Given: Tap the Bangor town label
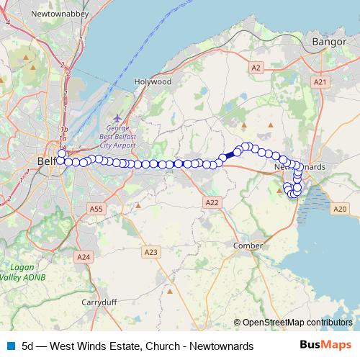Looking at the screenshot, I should pos(329,42).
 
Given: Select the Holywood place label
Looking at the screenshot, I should pos(153,82).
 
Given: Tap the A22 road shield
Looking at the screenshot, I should pos(212,203).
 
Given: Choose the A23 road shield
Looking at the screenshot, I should pos(150,251).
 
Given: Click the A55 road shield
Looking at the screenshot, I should pos(96,208).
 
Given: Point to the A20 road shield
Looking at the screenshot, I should pos(341,209).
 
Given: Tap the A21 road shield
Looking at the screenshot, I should pos(320,82).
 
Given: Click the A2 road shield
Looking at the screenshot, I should pos(256,67).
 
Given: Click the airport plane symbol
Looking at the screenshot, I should pos(118,117).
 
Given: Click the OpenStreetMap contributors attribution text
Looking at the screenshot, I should pos(297,323).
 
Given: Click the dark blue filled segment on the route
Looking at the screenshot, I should pos(230,155).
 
